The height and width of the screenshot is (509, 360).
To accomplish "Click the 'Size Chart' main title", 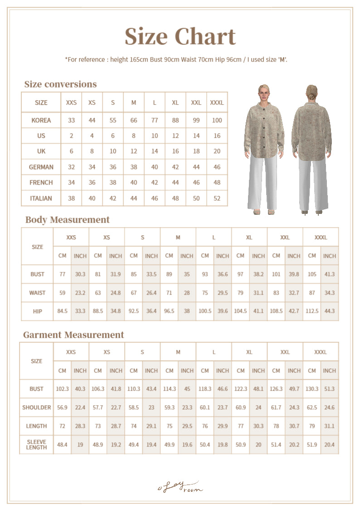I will [180, 37].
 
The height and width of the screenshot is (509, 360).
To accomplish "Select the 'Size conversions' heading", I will [60, 84].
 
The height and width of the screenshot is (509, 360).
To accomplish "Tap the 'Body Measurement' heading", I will [67, 220].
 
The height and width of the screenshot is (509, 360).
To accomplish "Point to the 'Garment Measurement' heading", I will [73, 335].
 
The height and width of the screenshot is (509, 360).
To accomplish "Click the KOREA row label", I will [41, 120].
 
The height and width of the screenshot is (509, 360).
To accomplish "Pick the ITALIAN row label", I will [41, 198].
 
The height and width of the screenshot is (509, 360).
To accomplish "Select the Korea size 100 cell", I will [217, 120].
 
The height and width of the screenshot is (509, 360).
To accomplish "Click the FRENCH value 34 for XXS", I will [71, 182].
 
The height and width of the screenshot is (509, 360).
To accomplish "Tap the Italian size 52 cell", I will [217, 198].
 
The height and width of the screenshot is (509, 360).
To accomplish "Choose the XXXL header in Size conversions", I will [217, 102].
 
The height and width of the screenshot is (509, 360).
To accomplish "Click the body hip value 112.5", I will [312, 311].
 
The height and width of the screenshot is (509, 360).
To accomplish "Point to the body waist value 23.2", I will [80, 293].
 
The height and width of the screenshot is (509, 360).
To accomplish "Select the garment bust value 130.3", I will [312, 389].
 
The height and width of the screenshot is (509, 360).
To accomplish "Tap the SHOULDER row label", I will [37, 407].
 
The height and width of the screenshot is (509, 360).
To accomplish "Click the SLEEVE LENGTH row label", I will [37, 445].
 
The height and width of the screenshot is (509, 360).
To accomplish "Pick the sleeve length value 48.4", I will [62, 445].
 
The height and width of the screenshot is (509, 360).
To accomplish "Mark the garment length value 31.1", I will [330, 426].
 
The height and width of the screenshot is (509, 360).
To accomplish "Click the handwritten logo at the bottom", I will [180, 487].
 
